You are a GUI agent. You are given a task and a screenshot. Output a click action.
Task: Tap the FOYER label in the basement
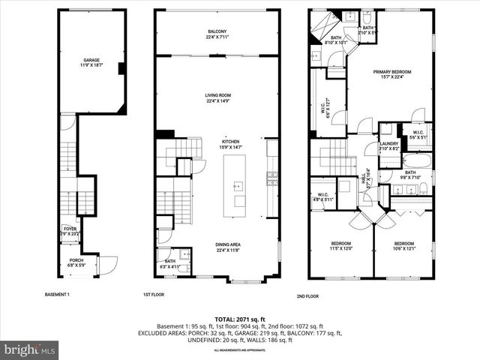coord(70,229)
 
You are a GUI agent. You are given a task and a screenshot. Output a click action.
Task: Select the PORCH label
coord(76,260)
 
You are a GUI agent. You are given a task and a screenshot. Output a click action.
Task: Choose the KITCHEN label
coord(230,141)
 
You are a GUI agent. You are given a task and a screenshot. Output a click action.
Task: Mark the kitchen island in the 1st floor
coord(238,184)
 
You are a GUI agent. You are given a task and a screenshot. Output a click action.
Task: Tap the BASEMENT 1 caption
coord(58,294)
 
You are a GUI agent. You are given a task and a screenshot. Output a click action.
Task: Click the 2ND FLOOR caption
coord(307,296)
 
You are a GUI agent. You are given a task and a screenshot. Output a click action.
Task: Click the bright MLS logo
coord(30,349)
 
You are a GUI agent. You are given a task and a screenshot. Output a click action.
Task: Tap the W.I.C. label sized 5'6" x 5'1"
coord(418,136)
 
